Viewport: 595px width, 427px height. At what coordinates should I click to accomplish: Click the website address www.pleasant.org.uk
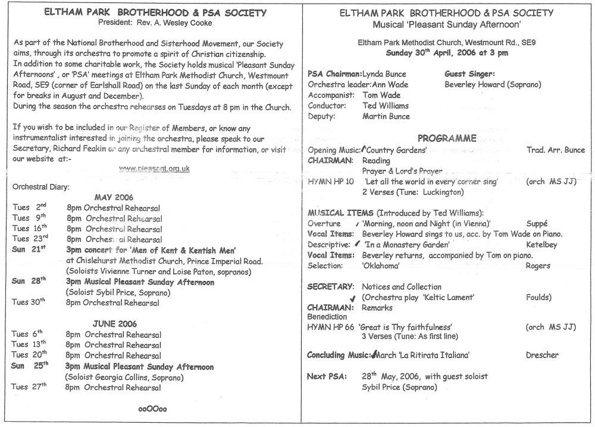154,168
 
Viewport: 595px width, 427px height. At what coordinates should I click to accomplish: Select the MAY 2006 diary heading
114,197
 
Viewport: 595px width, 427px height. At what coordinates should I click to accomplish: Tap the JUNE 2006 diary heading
115,324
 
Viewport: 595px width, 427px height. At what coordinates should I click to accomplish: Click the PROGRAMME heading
447,138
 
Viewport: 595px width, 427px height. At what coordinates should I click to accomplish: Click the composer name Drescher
542,355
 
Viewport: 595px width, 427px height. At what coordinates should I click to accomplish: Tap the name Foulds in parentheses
538,297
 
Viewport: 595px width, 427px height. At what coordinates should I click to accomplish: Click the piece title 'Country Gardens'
394,150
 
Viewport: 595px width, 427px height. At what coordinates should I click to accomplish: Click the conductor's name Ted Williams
386,106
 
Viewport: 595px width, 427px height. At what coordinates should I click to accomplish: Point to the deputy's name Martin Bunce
386,116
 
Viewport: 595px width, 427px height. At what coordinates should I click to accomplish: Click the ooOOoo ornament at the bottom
152,409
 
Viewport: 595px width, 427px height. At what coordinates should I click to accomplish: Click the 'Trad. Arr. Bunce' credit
556,150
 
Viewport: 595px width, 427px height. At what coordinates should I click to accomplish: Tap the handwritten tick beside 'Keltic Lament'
353,298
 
